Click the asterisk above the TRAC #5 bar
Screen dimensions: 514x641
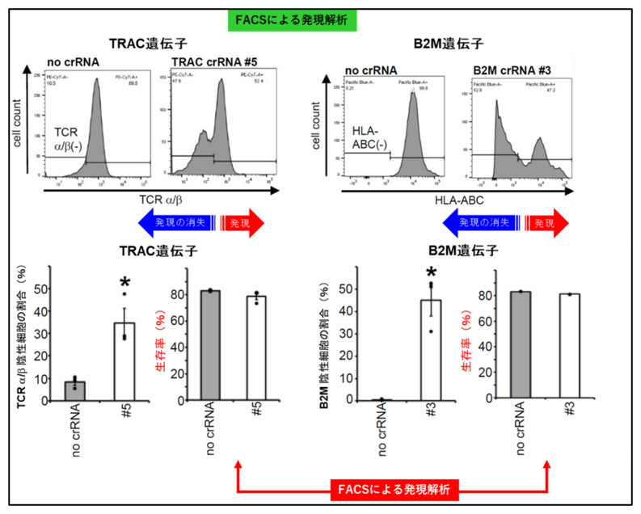tap(125, 283)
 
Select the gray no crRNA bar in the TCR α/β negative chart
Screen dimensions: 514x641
tap(74, 390)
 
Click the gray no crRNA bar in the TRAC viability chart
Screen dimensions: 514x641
tap(209, 345)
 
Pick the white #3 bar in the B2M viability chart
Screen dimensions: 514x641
tap(568, 347)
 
